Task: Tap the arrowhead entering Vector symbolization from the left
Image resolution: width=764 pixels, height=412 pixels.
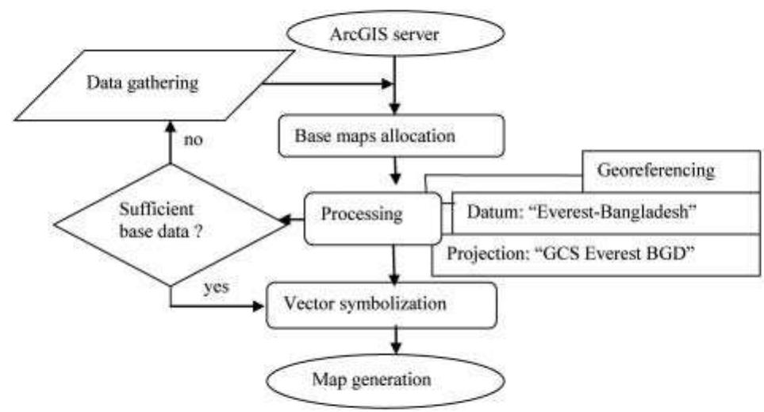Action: [x=259, y=305]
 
